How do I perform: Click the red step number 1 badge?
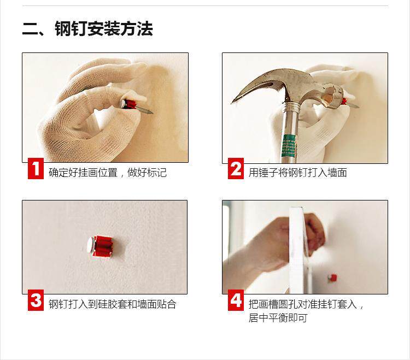[36, 168]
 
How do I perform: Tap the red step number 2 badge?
[236, 168]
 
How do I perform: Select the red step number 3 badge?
[36, 300]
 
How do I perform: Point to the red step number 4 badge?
[236, 300]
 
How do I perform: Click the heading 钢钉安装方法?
[104, 28]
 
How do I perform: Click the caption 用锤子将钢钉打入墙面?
[298, 173]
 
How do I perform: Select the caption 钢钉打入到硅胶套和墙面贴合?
[113, 304]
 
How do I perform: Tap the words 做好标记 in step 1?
[147, 173]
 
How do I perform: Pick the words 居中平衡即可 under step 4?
[278, 318]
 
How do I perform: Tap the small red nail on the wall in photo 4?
[332, 278]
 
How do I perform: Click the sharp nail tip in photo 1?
[151, 113]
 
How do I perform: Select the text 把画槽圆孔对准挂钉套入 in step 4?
[302, 304]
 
